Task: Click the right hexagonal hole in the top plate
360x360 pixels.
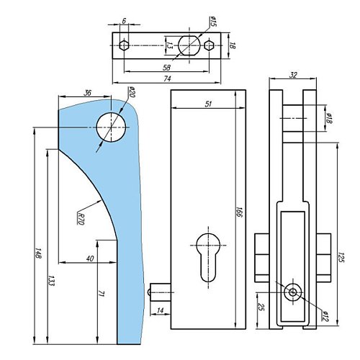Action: [x=209, y=45]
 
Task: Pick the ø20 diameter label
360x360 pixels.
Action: [x=132, y=92]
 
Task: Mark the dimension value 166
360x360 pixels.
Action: [x=237, y=214]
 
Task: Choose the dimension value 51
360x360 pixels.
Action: [x=207, y=105]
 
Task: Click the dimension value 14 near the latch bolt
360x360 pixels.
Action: [x=160, y=310]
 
